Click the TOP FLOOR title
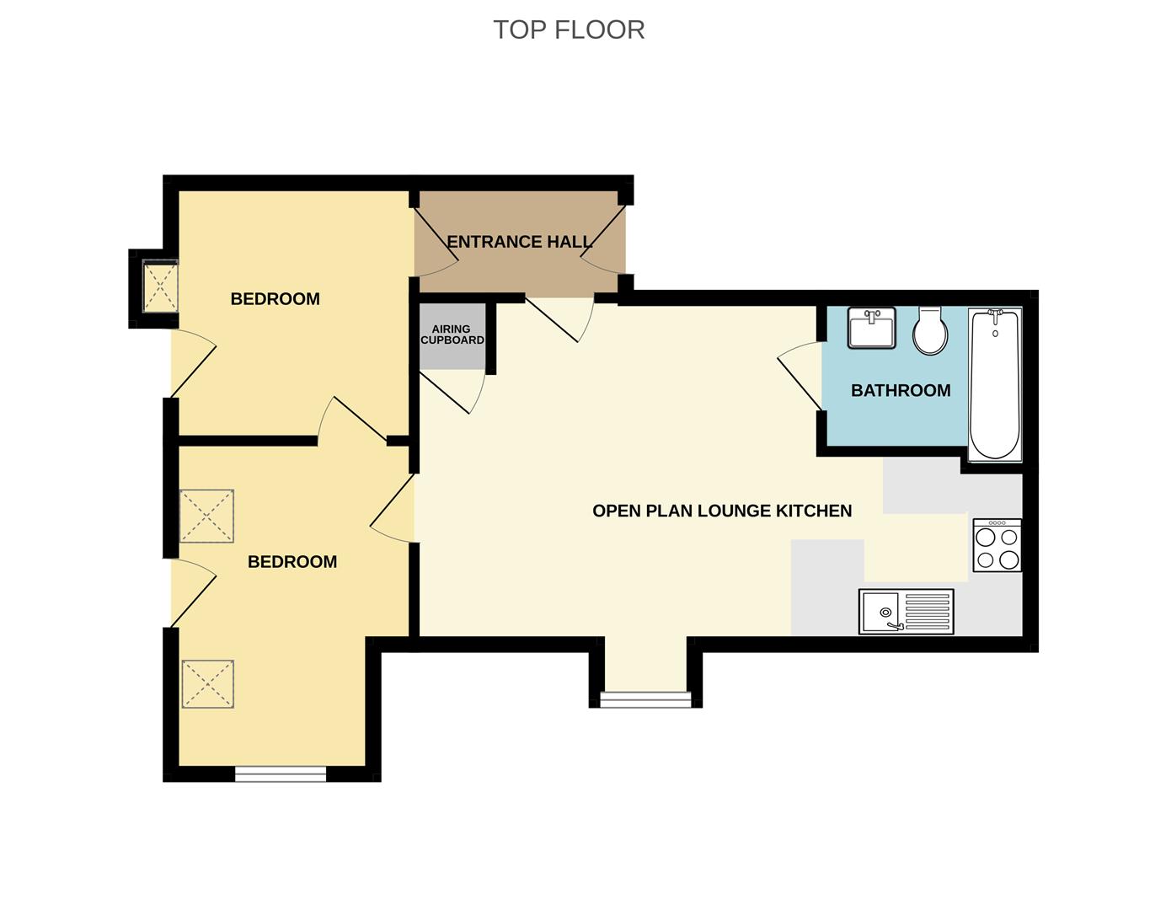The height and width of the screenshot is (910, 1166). [569, 29]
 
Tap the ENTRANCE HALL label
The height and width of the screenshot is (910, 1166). [519, 242]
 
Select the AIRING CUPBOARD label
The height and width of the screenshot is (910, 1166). [452, 335]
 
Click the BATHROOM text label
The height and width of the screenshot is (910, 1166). [901, 390]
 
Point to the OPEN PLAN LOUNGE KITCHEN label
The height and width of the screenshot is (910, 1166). [722, 511]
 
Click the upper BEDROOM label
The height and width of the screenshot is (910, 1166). [275, 298]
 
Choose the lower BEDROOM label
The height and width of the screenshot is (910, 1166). [291, 561]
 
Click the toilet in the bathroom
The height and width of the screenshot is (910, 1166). [930, 330]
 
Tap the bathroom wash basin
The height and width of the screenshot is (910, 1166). [872, 328]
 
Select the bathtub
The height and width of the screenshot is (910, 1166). [995, 384]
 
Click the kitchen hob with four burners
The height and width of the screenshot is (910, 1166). [997, 546]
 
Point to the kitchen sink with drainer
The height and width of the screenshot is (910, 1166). [906, 611]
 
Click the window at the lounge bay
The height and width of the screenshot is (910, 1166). [645, 699]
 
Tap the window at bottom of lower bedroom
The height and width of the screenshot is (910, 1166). [280, 773]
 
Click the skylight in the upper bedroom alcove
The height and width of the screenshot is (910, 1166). [160, 286]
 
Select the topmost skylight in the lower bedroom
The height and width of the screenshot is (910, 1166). [206, 517]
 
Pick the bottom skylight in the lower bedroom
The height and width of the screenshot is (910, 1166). [207, 683]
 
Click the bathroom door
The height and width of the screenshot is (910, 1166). [800, 375]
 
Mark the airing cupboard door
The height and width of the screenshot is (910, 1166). [451, 392]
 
